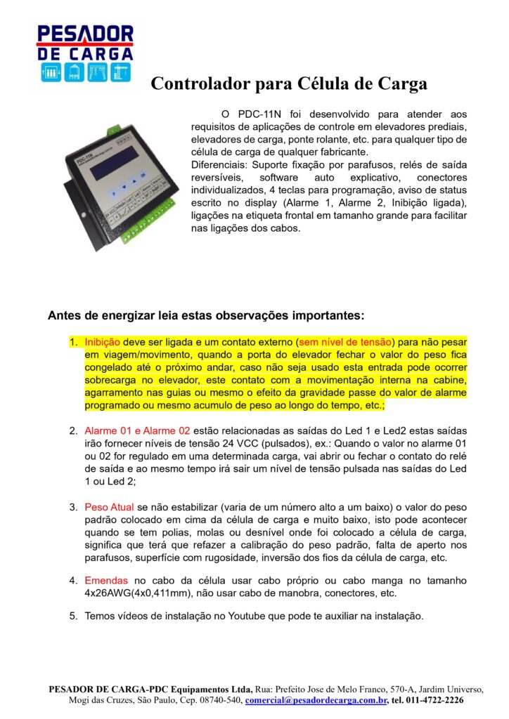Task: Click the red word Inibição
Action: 103,342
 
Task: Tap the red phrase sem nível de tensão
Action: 346,342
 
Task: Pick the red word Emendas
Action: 108,581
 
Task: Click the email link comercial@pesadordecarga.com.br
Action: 316,700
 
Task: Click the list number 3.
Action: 73,507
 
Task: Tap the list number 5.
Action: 73,616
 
